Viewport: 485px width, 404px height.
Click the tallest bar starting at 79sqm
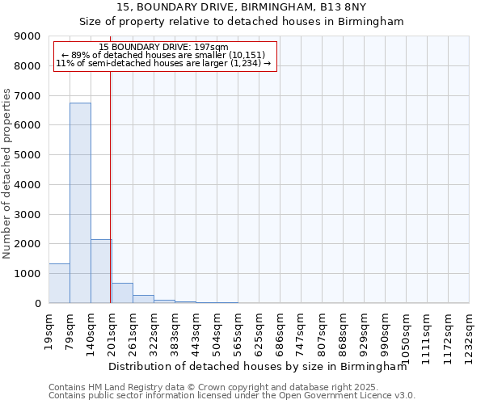pyautogui.click(x=80, y=202)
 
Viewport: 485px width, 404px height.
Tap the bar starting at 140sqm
pyautogui.click(x=101, y=271)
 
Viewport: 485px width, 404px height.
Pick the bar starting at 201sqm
pyautogui.click(x=122, y=293)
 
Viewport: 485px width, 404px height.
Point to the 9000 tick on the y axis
pyautogui.click(x=29, y=36)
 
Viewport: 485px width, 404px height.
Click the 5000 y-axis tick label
pyautogui.click(x=29, y=155)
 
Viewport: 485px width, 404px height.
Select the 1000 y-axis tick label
pyautogui.click(x=29, y=274)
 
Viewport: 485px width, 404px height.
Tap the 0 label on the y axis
pyautogui.click(x=37, y=304)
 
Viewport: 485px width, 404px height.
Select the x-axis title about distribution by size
pyautogui.click(x=257, y=366)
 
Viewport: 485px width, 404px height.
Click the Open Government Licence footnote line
pyautogui.click(x=232, y=396)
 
